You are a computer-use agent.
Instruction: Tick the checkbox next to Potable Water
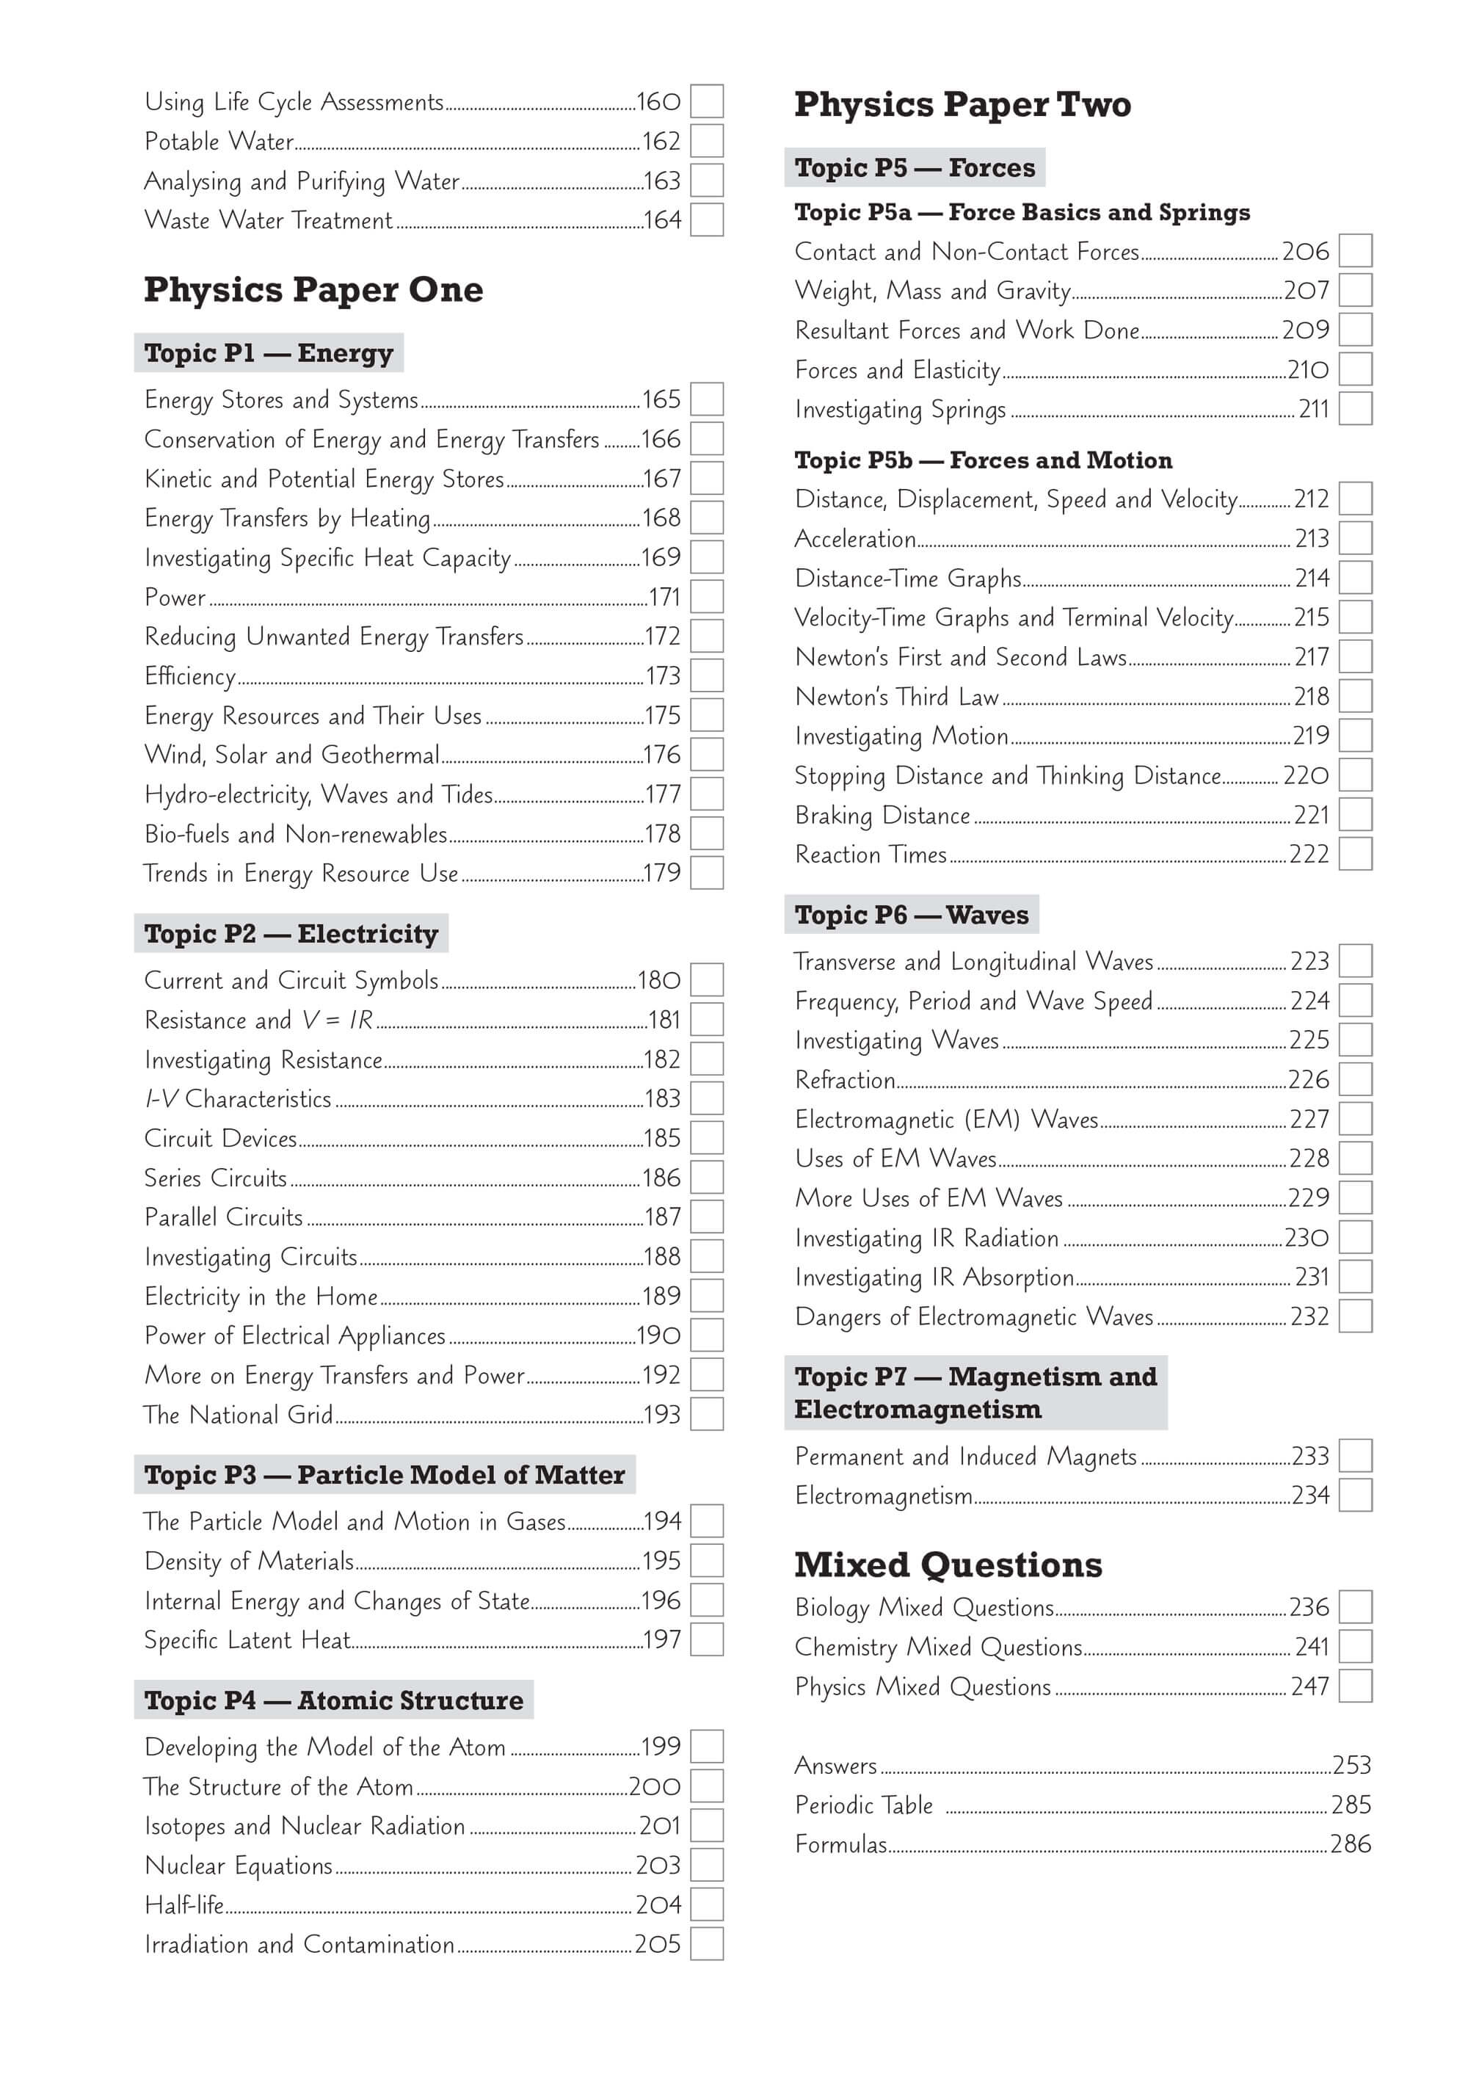706,141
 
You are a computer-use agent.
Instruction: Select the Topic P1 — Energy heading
269,353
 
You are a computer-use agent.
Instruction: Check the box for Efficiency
706,675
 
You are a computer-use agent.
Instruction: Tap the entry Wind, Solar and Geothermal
291,755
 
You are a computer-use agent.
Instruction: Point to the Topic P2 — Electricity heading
291,934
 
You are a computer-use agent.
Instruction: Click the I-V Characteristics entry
238,1099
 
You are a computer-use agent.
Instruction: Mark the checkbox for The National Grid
706,1414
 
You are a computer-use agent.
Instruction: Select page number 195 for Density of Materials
661,1560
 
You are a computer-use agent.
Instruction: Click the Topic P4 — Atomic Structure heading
333,1700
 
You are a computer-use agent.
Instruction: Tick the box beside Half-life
706,1904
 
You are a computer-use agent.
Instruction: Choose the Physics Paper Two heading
962,105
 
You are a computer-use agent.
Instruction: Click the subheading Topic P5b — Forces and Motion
983,460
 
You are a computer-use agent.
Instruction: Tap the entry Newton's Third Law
896,697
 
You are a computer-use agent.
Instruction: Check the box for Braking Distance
1355,815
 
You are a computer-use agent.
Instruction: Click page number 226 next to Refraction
1309,1079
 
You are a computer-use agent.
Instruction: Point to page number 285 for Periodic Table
1351,1805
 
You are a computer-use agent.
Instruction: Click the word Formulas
840,1844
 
